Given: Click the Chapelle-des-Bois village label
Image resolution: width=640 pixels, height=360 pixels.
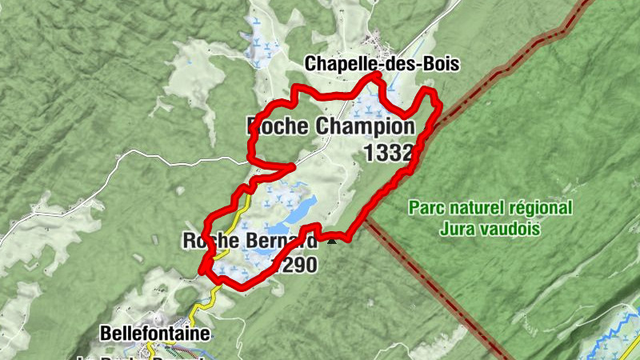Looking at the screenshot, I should (382, 64).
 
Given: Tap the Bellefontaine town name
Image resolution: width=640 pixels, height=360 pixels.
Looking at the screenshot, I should (155, 332).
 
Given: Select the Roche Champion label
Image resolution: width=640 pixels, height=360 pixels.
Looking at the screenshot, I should (331, 126).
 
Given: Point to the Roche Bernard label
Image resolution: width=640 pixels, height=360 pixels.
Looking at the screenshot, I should (250, 241).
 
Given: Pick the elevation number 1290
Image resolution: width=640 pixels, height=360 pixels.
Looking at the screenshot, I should (294, 266).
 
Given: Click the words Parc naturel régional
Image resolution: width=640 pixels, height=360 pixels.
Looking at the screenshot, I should (490, 208).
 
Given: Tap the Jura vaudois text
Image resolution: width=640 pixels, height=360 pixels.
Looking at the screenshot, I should (490, 229).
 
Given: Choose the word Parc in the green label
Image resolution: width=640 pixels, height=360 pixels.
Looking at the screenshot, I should (425, 208).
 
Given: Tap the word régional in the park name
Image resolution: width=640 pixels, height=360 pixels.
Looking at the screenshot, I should (544, 208).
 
